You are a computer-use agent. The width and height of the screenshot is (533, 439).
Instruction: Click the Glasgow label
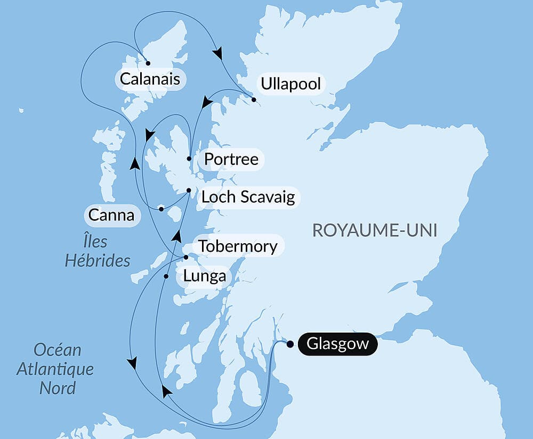(337, 344)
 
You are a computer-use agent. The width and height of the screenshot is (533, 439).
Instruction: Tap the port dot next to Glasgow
(289, 344)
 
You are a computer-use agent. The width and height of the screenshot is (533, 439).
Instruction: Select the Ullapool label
(290, 84)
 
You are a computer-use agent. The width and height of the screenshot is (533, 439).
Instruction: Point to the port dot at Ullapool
(254, 100)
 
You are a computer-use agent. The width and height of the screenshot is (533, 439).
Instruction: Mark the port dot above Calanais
(148, 63)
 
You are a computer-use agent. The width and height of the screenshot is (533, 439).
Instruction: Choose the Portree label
(231, 159)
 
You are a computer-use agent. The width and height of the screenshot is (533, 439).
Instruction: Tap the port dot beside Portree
(189, 159)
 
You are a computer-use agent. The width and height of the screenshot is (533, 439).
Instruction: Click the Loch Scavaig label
(248, 197)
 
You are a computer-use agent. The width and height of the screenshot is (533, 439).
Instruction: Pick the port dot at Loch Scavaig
(189, 190)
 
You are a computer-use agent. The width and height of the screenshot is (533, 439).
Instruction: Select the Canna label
(111, 216)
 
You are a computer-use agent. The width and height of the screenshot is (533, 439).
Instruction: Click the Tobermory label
(237, 246)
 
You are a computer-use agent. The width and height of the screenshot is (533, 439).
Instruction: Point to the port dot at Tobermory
(185, 258)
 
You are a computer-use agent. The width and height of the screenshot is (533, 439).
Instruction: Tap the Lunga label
(204, 276)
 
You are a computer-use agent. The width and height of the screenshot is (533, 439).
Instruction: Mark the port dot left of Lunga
(166, 276)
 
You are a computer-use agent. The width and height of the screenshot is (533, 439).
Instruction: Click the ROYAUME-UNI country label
(374, 230)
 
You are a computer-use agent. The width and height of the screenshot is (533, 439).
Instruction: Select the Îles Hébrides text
(97, 251)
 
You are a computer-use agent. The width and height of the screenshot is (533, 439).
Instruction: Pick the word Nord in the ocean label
(57, 387)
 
